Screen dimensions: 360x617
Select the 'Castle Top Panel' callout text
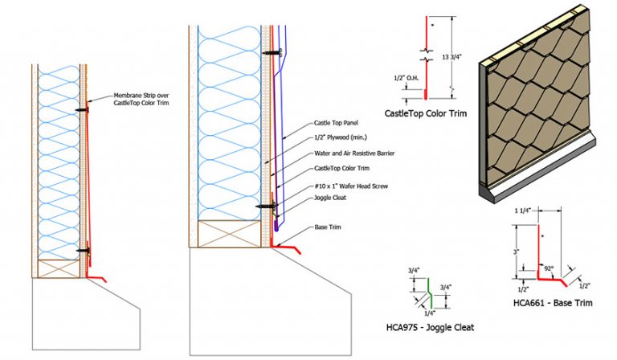click(x=333, y=125)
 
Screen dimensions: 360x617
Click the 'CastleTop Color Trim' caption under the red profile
click(x=425, y=113)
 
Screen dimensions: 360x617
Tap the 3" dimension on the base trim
click(x=517, y=252)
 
